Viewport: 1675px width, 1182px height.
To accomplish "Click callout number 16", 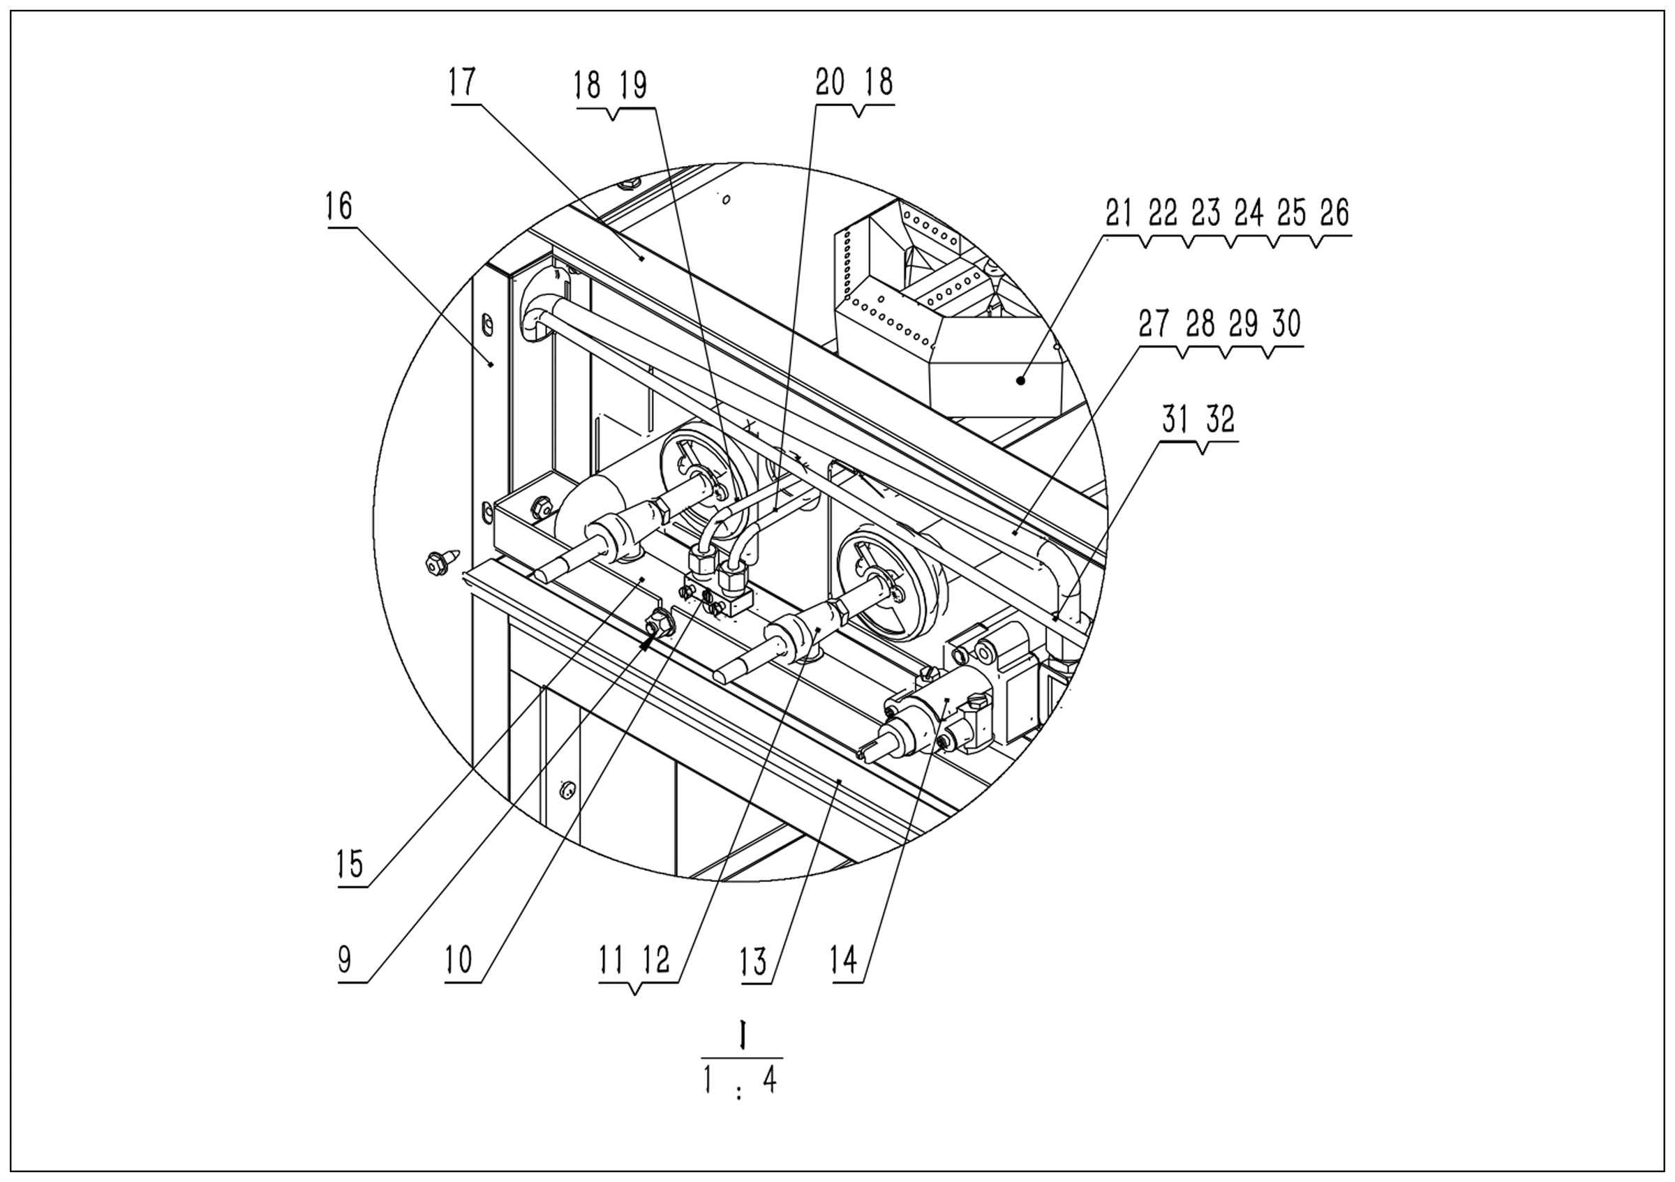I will click(x=339, y=207).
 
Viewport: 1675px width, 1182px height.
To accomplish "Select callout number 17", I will click(x=463, y=82).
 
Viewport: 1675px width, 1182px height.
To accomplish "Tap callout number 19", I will click(x=632, y=86).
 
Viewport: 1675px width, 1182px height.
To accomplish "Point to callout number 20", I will click(x=831, y=83).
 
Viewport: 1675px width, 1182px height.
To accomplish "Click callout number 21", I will click(x=1119, y=213).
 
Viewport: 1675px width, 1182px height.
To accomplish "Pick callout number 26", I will click(x=1334, y=213).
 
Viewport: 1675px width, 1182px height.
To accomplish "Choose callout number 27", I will click(x=1154, y=324).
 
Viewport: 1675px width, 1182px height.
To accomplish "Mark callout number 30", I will click(x=1286, y=324).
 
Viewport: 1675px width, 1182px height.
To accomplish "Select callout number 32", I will click(x=1220, y=420).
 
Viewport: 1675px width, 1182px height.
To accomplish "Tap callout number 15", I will click(x=350, y=865).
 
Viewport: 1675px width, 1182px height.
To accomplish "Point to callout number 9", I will click(x=345, y=961).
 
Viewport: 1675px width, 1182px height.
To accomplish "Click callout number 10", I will click(x=459, y=961).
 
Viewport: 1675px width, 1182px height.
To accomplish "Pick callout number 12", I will click(x=656, y=961).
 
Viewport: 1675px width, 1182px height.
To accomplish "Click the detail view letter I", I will click(x=742, y=1036).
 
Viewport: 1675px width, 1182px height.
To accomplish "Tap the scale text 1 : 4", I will click(x=740, y=1082).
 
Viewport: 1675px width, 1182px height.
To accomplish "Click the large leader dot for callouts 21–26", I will click(x=1021, y=380).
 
